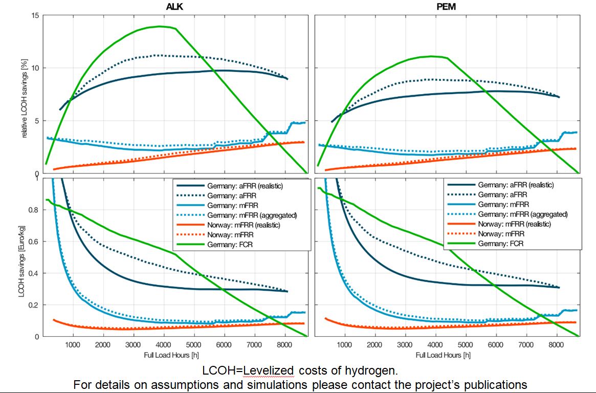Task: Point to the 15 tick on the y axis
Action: (35, 15)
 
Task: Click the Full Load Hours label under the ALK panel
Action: (172, 355)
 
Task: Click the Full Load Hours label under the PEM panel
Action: (443, 355)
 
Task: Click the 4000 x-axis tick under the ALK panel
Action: (163, 345)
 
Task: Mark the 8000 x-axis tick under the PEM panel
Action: (556, 345)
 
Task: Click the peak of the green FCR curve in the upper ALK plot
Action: (160, 26)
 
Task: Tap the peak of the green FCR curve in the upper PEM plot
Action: (431, 56)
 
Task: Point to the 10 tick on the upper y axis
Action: (35, 68)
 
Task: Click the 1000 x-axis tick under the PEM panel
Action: (344, 345)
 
